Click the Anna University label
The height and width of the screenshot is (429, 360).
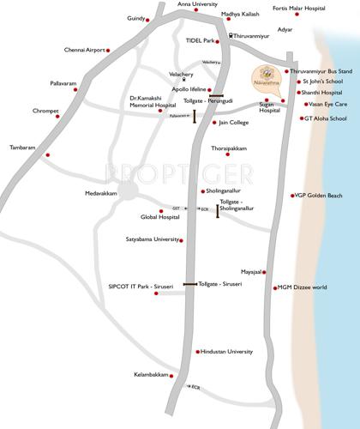pyautogui.click(x=198, y=4)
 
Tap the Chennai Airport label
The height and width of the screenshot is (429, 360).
pyautogui.click(x=86, y=50)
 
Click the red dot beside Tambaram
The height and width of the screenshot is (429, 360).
pyautogui.click(x=48, y=154)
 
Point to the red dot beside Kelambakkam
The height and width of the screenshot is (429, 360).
pyautogui.click(x=171, y=375)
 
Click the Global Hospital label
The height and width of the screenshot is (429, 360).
pyautogui.click(x=159, y=217)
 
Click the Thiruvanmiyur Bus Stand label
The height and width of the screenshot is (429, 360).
pyautogui.click(x=321, y=71)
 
